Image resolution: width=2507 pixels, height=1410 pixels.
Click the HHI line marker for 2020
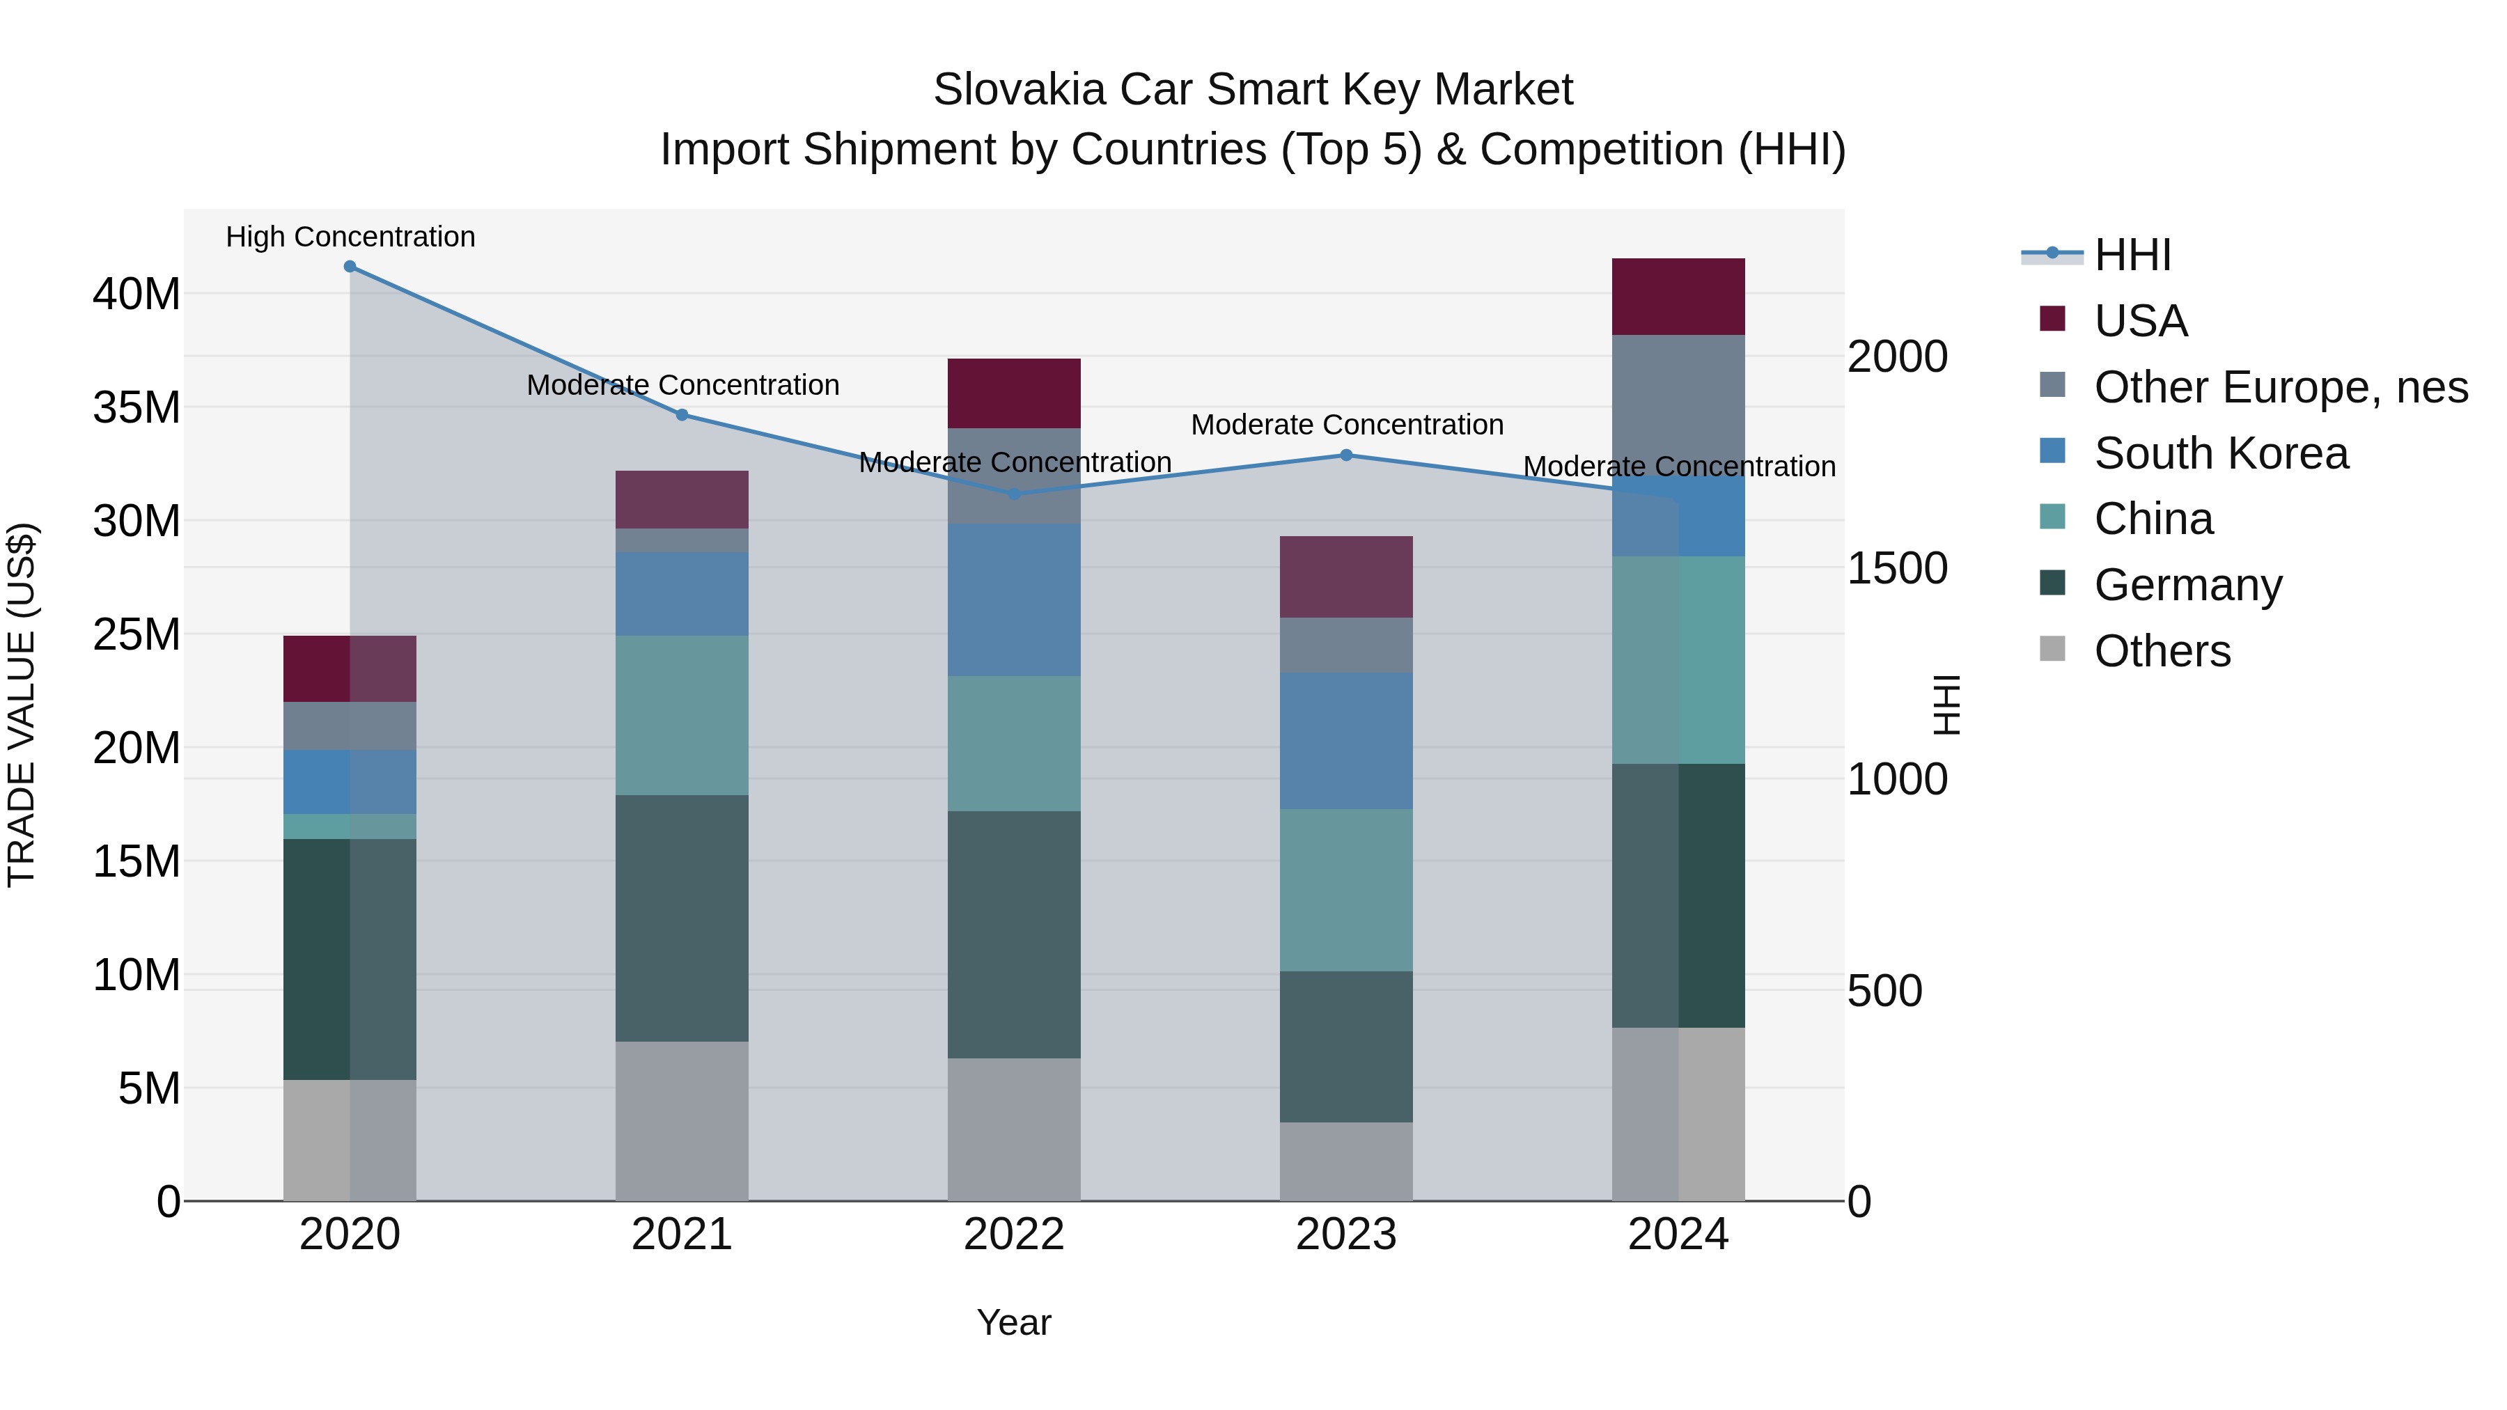coord(350,267)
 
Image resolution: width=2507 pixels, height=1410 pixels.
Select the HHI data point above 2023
coord(1346,455)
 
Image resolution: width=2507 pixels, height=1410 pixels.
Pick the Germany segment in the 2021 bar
coord(682,918)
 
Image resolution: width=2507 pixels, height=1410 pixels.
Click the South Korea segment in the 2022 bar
coord(1014,600)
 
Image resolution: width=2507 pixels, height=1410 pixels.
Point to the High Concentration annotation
coord(350,237)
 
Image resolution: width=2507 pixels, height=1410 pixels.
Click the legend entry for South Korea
coord(2221,453)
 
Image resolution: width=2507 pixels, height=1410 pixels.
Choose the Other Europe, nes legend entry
coord(2280,387)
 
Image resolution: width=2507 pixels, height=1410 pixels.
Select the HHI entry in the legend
coord(2132,255)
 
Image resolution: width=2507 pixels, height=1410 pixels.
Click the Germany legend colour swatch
coord(2052,583)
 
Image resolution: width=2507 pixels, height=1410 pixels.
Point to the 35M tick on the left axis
coord(136,407)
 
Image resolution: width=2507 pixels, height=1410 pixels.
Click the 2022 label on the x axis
coord(1014,1235)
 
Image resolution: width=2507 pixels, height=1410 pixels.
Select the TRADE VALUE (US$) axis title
coord(22,705)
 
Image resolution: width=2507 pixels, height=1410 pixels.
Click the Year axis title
coord(1014,1322)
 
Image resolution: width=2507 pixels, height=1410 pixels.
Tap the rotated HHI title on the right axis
coord(1946,705)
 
